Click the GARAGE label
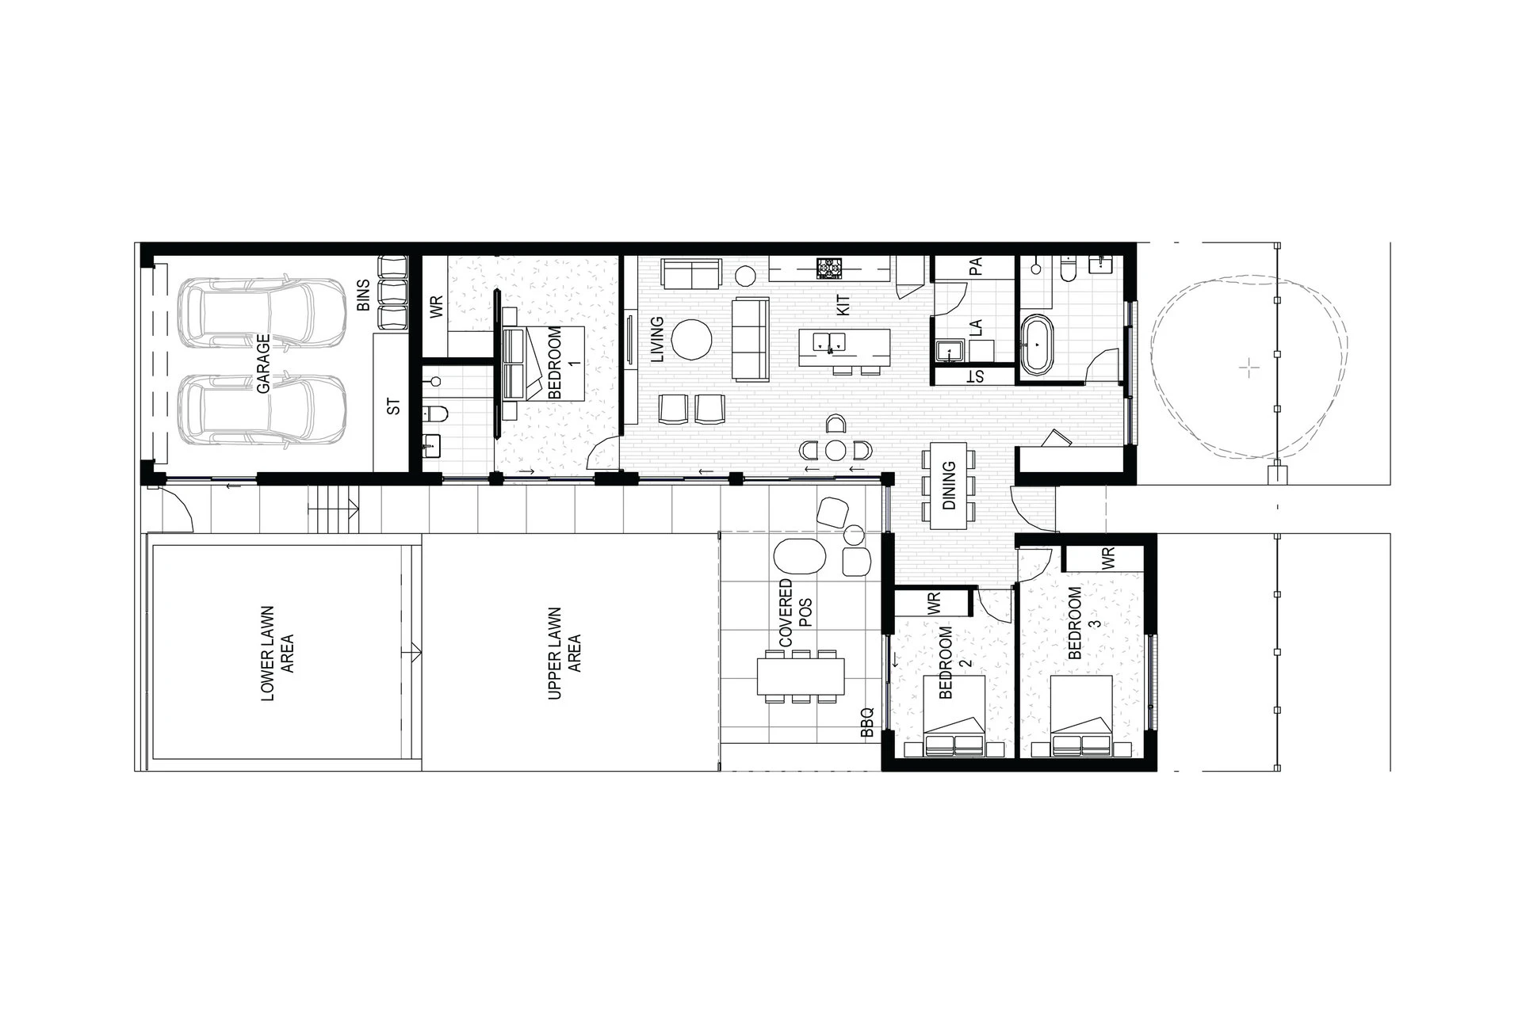click(263, 364)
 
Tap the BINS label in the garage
click(364, 295)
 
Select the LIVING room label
click(656, 340)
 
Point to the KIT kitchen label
click(843, 306)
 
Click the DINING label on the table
click(949, 486)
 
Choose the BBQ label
click(866, 723)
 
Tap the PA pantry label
click(976, 266)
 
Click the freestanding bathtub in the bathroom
click(1036, 345)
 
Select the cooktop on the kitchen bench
click(830, 269)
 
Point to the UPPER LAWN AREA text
click(564, 654)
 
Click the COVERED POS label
click(794, 615)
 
